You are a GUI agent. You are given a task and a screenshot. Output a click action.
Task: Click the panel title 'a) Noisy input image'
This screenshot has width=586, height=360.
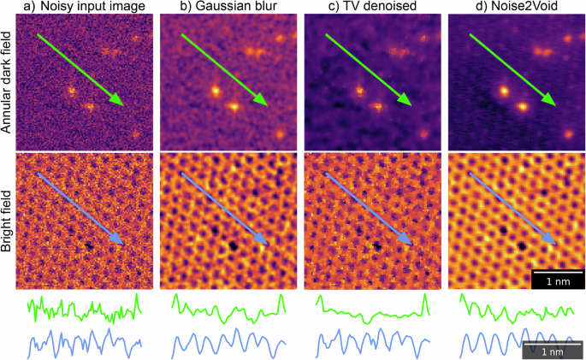[80, 8]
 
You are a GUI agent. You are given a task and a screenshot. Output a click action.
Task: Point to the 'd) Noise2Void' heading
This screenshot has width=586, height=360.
[512, 8]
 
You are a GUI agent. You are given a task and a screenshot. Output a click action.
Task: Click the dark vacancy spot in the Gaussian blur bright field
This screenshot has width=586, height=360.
[232, 246]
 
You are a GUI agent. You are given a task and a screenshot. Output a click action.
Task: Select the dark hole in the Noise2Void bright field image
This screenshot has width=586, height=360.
[520, 246]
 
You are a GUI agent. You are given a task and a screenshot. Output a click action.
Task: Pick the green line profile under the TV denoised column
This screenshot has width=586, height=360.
[371, 312]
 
